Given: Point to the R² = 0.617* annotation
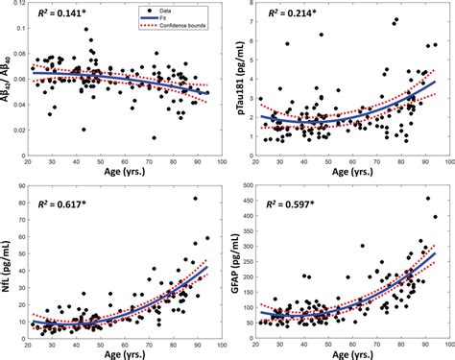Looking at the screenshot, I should coord(62,204).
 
